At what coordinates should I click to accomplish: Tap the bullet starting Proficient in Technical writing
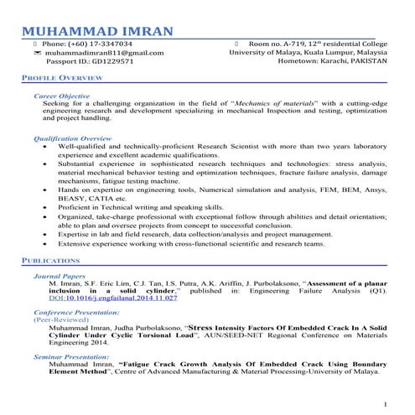click(140, 206)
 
